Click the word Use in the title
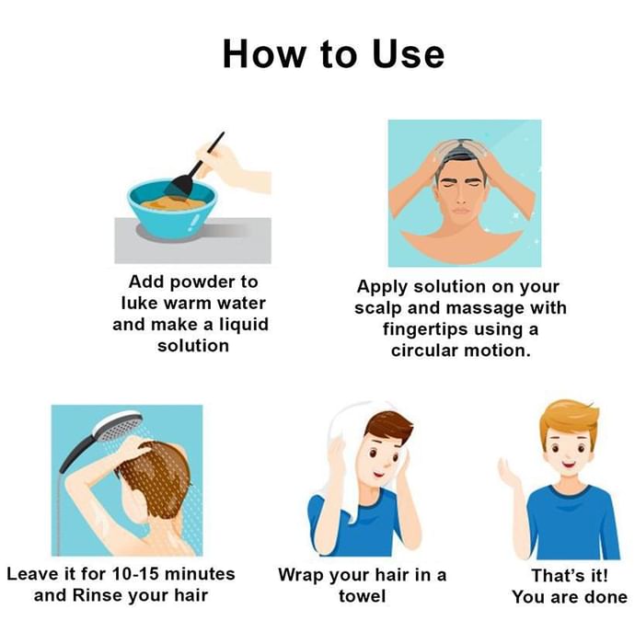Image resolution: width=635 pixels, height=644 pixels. point(409,53)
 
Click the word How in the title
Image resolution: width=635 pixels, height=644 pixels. point(264,53)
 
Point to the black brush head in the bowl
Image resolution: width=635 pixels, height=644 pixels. point(179,186)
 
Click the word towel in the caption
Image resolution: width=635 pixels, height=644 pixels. point(362,596)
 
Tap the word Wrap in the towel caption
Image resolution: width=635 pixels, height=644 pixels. point(301,575)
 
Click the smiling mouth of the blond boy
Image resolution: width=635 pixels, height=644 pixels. point(569,466)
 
